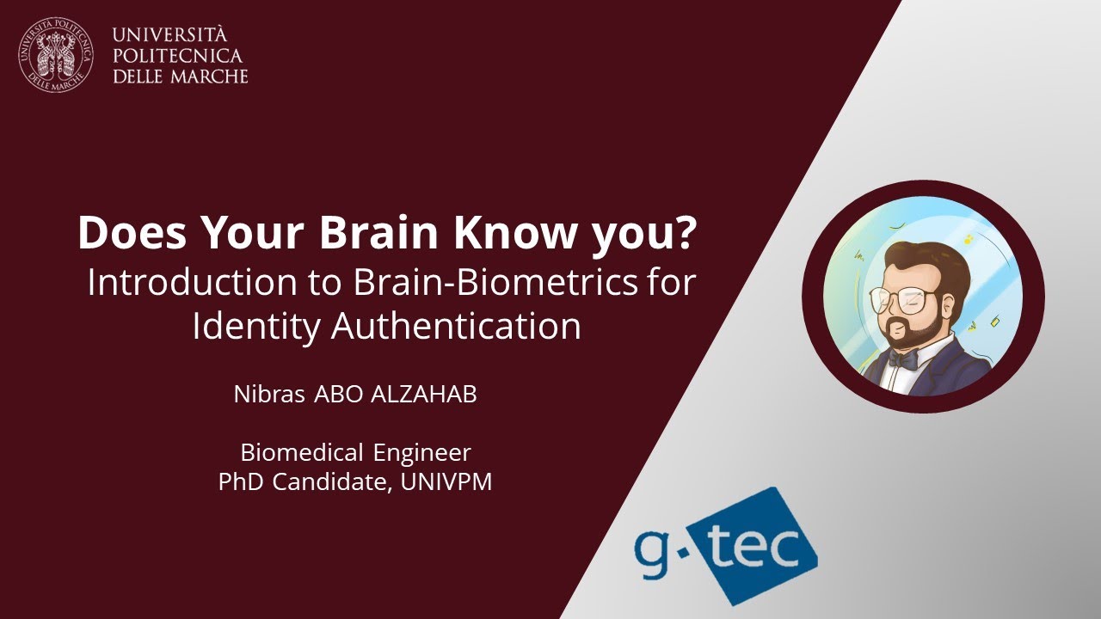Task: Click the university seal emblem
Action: [56, 55]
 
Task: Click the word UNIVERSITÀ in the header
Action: [170, 35]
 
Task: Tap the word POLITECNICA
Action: [177, 56]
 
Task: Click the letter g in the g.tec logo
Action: [652, 549]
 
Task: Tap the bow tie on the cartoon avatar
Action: [902, 360]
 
